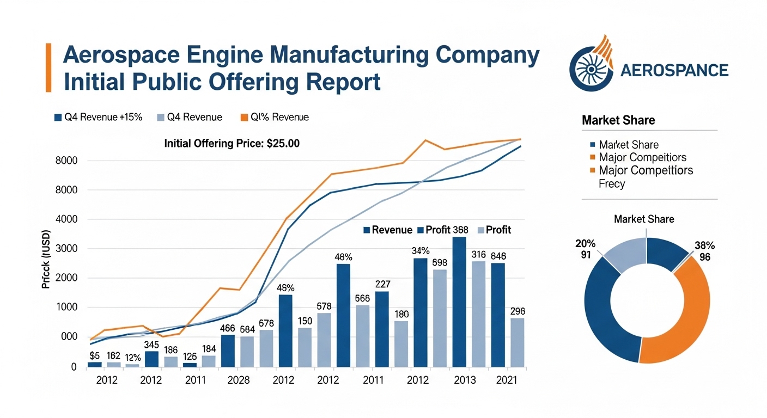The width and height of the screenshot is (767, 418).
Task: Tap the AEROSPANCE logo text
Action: pos(674,70)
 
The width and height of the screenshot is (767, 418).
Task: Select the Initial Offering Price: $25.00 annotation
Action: pos(232,144)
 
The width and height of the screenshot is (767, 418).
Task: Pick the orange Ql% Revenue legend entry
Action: pos(275,117)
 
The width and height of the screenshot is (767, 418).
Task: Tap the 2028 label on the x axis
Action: pos(238,380)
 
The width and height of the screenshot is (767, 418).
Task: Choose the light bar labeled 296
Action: pos(518,342)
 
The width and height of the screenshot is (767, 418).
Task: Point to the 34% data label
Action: pos(421,251)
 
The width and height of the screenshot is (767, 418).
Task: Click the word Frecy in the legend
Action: pos(612,183)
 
